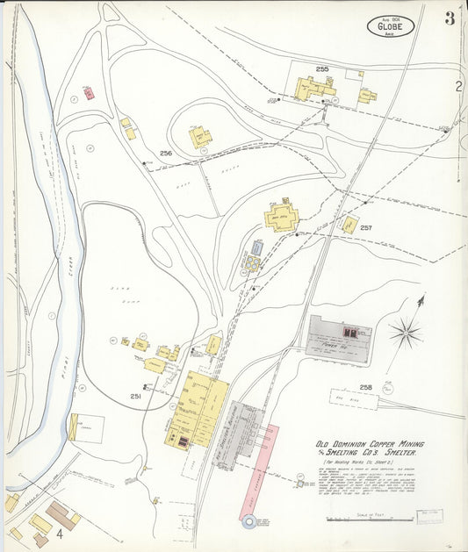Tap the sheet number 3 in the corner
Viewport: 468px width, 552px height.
click(450, 19)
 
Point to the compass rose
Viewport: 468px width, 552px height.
click(405, 332)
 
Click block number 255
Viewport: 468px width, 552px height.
click(322, 68)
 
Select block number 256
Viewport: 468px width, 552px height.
click(166, 153)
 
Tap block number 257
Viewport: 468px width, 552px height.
click(366, 227)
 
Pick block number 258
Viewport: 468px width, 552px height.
click(365, 387)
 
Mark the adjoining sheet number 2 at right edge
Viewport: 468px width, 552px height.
click(458, 86)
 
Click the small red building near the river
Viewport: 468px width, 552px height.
click(88, 92)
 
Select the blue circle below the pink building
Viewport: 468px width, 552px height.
click(249, 522)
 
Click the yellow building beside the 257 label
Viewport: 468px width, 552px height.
click(349, 225)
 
